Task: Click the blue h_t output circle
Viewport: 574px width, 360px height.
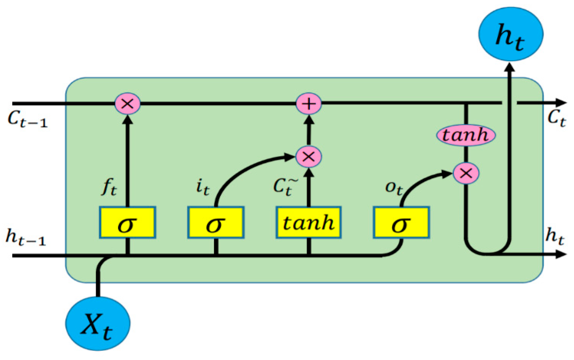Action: click(510, 34)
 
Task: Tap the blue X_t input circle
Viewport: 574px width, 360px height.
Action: click(98, 323)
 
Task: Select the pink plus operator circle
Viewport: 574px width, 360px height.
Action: click(308, 104)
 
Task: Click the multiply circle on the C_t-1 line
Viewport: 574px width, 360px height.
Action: click(127, 104)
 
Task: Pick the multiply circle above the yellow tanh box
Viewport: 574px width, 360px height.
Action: click(308, 156)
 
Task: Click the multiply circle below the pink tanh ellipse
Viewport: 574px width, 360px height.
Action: click(466, 173)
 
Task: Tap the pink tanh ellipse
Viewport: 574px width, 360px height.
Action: click(466, 135)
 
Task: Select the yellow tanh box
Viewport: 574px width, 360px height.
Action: click(308, 223)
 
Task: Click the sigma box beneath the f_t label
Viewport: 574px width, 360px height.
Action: click(127, 223)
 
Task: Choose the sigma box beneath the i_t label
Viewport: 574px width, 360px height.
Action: click(216, 223)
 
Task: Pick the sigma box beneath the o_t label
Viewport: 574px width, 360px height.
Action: click(401, 223)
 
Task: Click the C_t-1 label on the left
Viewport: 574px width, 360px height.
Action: click(27, 119)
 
